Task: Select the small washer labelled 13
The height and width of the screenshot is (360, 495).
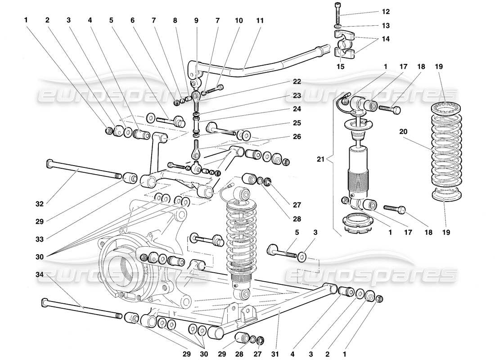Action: pyautogui.click(x=338, y=26)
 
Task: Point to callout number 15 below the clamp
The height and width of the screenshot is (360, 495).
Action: pyautogui.click(x=341, y=67)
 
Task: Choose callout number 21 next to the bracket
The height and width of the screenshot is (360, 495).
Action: pyautogui.click(x=320, y=159)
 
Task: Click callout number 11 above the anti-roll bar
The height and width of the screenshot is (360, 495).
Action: pyautogui.click(x=260, y=21)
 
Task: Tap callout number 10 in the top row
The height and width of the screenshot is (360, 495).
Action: pyautogui.click(x=238, y=21)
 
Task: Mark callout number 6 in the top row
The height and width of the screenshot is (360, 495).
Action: pyautogui.click(x=132, y=21)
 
